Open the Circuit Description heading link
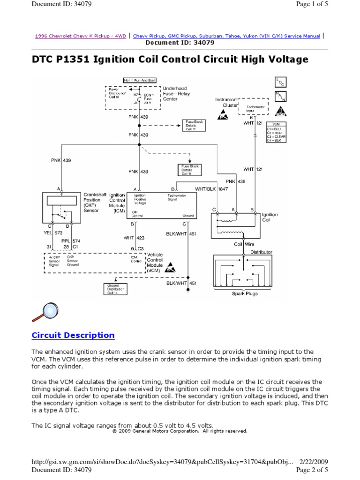pos(73,335)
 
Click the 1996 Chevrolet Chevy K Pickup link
pos(81,36)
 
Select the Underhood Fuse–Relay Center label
pos(175,93)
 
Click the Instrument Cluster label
pos(227,102)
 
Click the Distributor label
pos(261,252)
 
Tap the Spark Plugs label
pos(245,294)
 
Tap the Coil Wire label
pos(244,244)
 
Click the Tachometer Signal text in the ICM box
pos(176,197)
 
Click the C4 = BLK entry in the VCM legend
pos(276,140)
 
